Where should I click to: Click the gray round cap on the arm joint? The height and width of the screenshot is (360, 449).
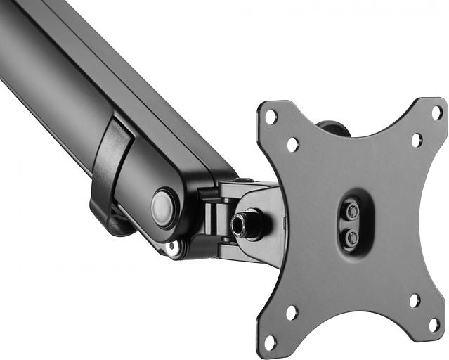point(163,207)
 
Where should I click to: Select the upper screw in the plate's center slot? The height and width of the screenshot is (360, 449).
point(352,210)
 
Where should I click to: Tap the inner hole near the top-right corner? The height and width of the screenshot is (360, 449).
point(416,140)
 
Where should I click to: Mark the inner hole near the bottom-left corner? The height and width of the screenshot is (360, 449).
point(291,313)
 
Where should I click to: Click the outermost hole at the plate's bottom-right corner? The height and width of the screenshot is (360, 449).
point(434,326)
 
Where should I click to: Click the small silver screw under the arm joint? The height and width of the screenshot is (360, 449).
point(174,247)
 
